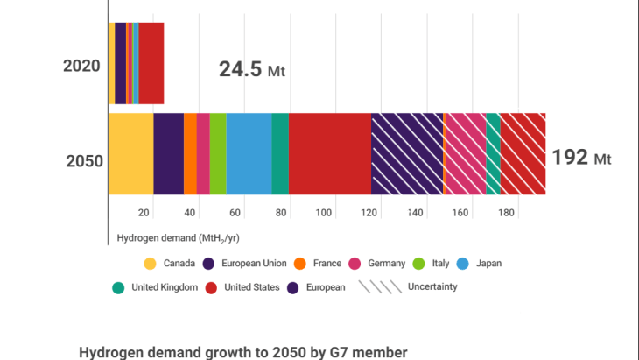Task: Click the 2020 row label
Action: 81,65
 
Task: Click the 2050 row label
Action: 84,160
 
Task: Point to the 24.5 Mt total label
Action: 252,70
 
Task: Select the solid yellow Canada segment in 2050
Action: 130,154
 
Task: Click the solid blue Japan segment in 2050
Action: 249,154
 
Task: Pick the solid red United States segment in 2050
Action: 329,154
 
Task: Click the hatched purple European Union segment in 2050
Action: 406,154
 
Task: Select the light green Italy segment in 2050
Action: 218,154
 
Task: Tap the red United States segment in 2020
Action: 151,63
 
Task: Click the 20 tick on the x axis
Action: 144,213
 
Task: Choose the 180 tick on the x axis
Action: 507,213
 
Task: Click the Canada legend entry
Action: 170,264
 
